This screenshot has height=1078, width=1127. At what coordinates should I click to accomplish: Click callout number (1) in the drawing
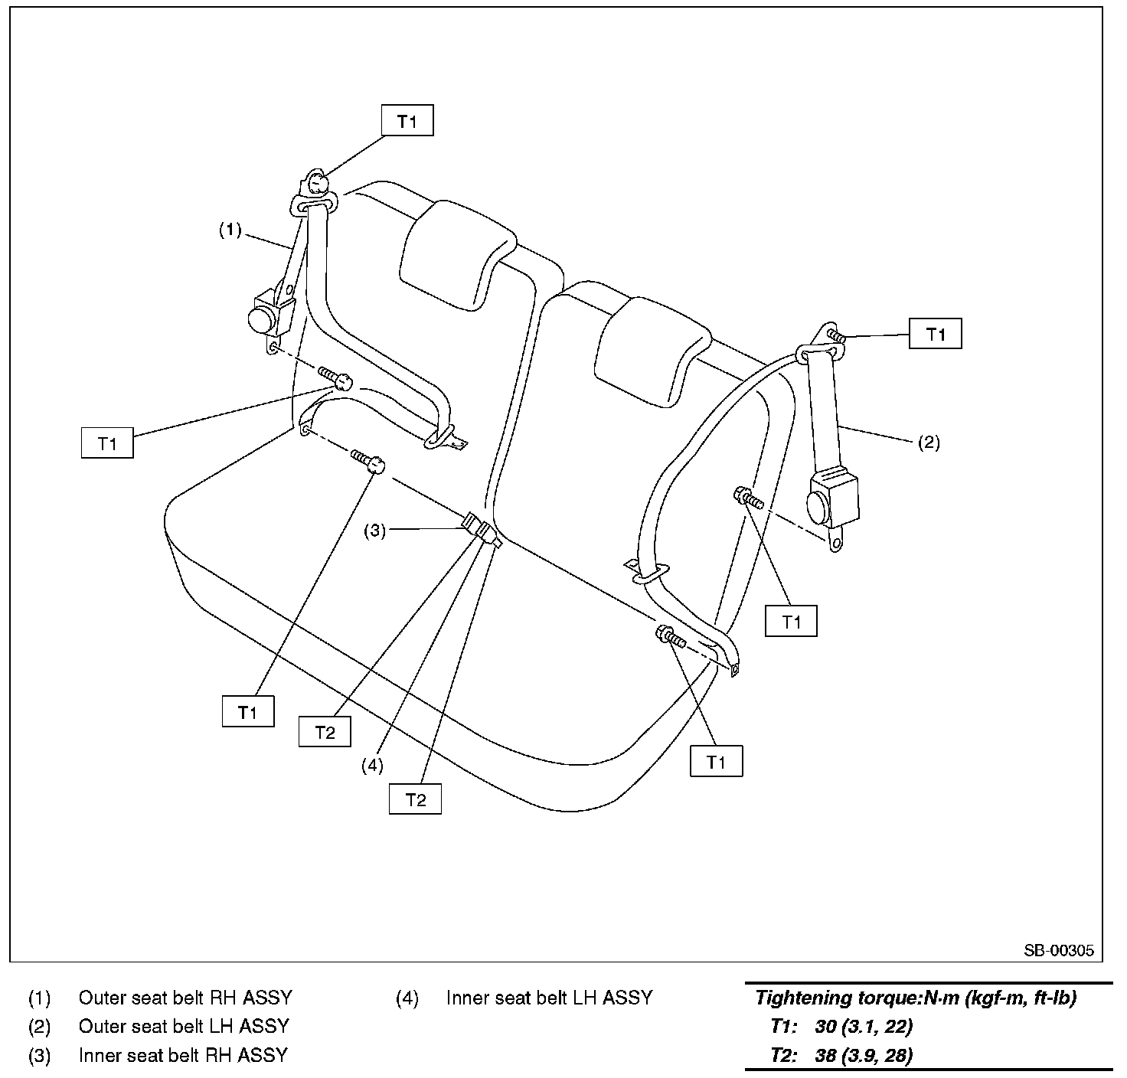tap(230, 230)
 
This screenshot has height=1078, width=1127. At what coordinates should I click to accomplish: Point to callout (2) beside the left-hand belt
tap(928, 443)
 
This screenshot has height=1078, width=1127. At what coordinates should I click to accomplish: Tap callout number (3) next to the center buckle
tap(374, 531)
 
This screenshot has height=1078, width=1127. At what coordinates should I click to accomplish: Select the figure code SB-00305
tap(1059, 951)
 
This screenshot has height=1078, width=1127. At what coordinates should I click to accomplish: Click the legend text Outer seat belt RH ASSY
tap(185, 998)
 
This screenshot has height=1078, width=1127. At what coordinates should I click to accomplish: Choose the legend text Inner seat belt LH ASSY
tap(549, 998)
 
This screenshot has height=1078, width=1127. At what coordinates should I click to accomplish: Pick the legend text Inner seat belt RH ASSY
tap(183, 1055)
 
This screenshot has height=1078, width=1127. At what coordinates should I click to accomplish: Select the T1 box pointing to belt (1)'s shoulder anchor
tap(407, 121)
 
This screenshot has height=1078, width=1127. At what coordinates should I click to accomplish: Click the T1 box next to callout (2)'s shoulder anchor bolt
tap(935, 335)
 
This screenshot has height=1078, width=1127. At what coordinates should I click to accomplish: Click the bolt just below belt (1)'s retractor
tap(337, 377)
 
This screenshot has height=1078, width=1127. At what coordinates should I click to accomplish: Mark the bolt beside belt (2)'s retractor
tap(746, 499)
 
